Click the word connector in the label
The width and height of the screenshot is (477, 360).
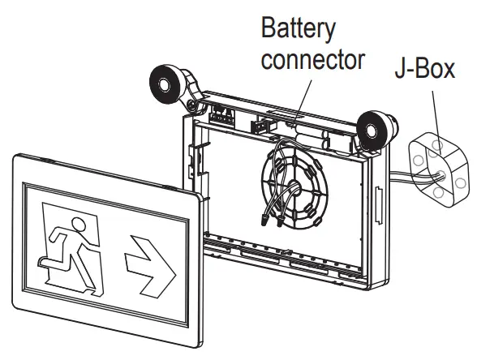(x=312, y=60)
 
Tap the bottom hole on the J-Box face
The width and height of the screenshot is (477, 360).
(x=439, y=194)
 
